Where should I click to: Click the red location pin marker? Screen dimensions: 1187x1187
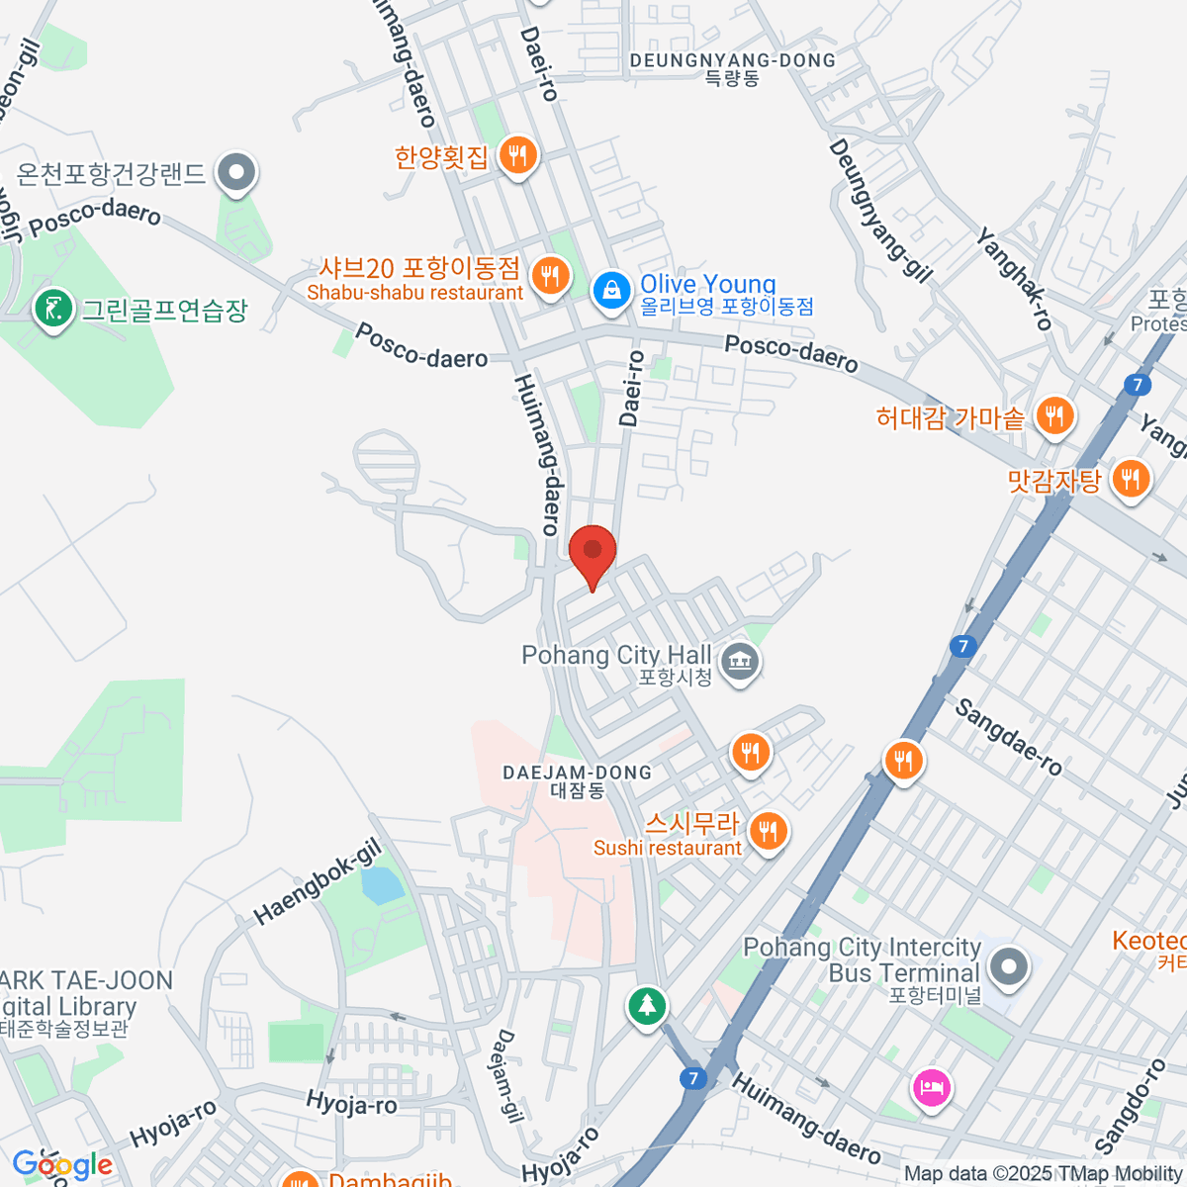point(593,552)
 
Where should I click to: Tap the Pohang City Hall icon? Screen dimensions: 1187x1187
point(739,661)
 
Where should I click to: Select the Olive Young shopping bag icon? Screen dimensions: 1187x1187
point(612,291)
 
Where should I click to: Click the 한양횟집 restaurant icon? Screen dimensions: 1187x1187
point(517,155)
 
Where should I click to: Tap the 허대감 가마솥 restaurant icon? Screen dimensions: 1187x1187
point(1055,415)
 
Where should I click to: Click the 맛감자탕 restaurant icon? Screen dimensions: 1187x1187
point(1129,480)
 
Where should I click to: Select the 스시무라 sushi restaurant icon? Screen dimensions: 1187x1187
point(769,830)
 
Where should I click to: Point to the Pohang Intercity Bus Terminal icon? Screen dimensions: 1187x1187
point(1009,966)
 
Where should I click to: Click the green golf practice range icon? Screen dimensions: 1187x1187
point(52,309)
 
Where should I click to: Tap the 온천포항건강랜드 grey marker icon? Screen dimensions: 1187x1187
point(236,173)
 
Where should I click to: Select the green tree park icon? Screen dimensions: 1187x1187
point(647,1006)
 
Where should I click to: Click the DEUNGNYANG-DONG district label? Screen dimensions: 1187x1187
point(733,68)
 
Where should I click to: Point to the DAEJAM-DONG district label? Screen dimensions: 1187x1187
point(578,780)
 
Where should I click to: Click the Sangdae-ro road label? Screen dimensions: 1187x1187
point(1009,737)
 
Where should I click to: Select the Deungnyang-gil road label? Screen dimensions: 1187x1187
point(879,211)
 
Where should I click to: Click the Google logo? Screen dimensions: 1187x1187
point(62,1164)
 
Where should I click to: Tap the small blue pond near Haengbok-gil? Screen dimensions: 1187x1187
point(382,884)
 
